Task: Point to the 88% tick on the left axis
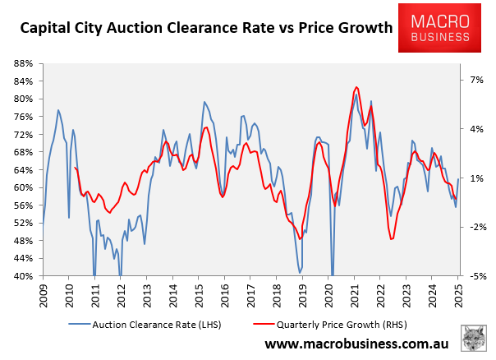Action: pos(21,63)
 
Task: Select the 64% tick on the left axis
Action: pos(21,170)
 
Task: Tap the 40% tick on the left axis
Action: pos(21,276)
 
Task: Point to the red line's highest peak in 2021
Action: pos(356,87)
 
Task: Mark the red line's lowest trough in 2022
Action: pos(392,239)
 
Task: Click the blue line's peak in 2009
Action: pos(57,110)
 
